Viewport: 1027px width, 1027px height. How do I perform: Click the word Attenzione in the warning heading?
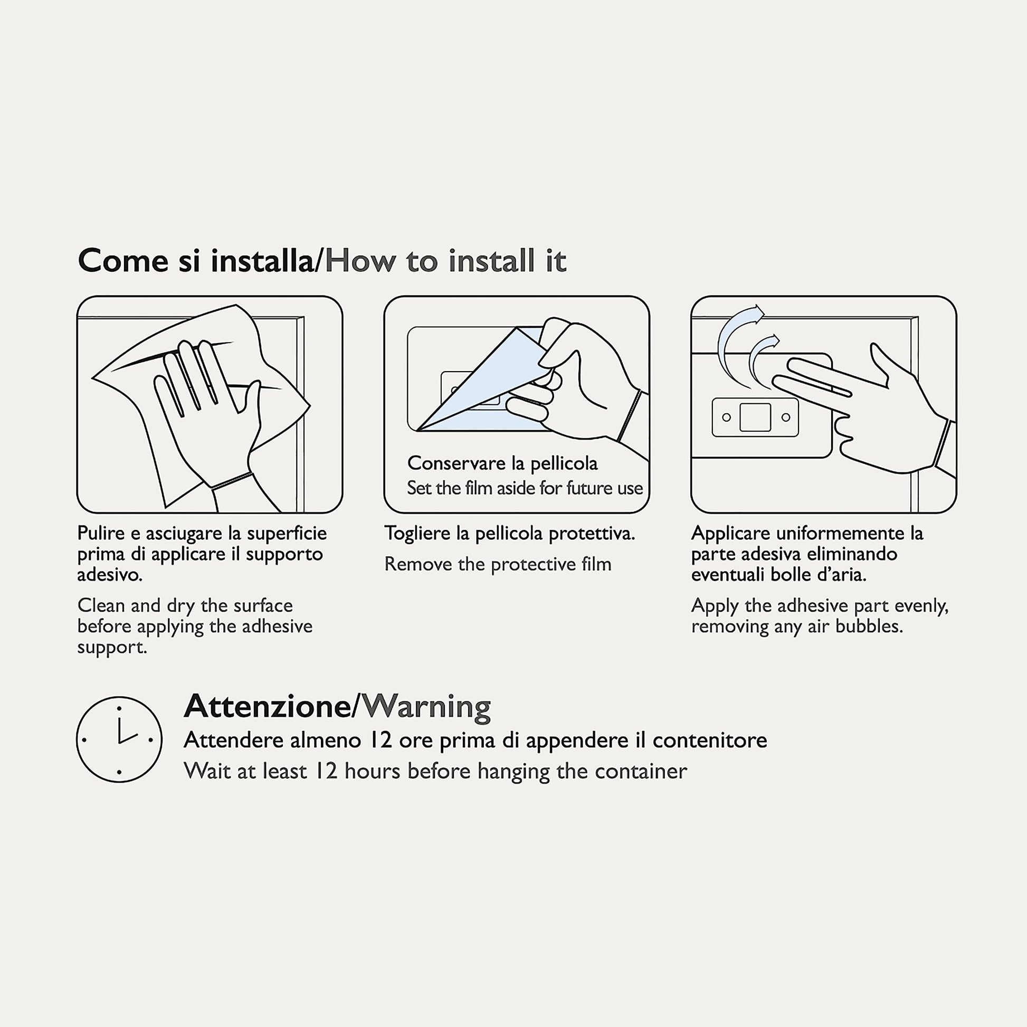tap(268, 707)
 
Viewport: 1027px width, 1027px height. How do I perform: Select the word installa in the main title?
tap(262, 261)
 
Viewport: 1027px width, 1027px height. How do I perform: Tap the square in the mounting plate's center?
tap(755, 417)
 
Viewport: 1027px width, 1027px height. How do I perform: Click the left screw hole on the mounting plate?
tap(727, 417)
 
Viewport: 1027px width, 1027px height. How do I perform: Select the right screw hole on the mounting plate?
tap(786, 417)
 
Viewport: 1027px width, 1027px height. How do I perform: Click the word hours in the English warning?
tap(372, 772)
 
